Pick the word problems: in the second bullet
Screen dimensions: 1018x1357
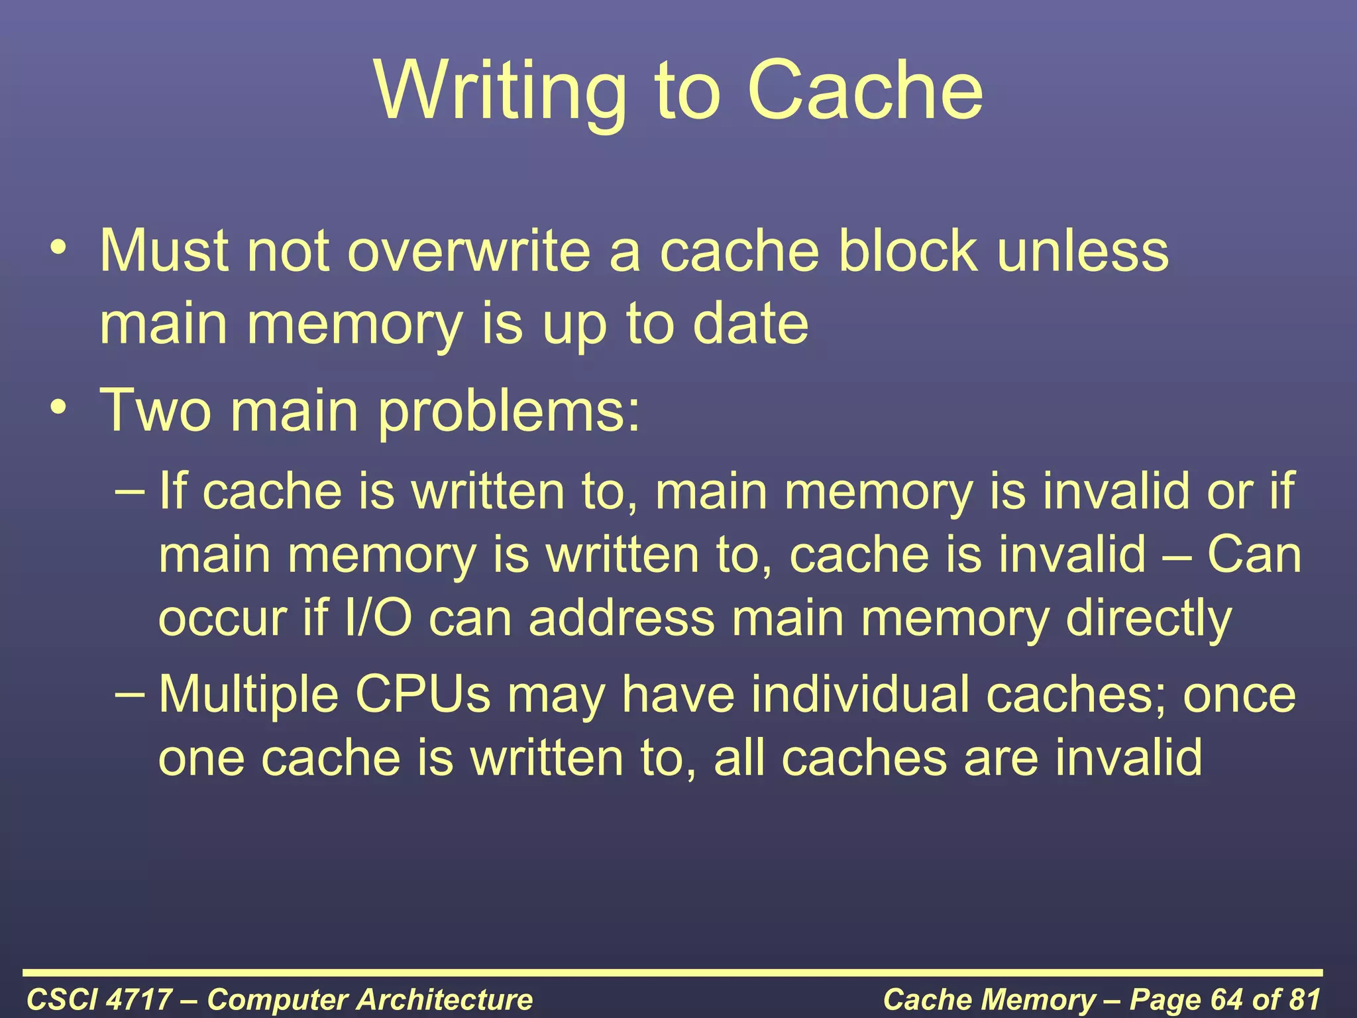509,412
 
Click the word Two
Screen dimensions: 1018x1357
154,410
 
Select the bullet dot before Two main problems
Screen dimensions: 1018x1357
58,405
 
